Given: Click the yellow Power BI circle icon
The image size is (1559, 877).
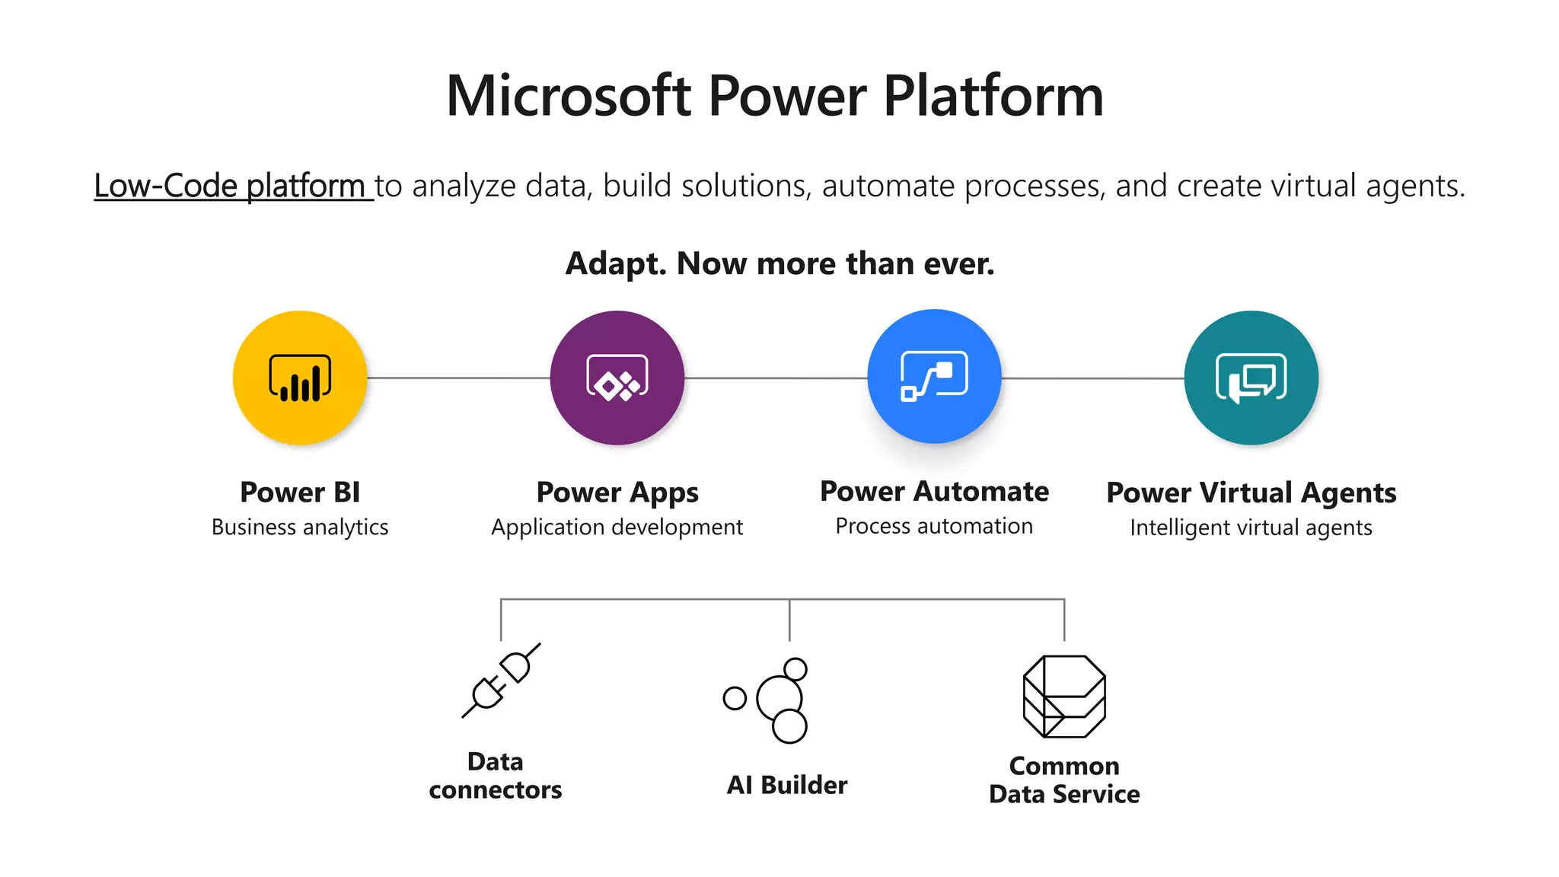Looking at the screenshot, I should point(300,378).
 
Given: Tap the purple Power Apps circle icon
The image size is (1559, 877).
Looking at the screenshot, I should point(617,378).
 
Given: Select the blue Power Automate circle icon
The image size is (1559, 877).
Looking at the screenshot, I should point(934,376).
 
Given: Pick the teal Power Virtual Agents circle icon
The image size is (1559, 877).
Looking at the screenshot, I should point(1251,378).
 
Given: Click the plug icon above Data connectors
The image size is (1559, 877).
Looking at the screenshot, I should point(501,680).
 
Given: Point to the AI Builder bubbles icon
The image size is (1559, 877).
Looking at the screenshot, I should point(769,699).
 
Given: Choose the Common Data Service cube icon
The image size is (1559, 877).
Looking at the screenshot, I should point(1064,696).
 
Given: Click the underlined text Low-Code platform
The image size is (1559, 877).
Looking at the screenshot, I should point(230,186).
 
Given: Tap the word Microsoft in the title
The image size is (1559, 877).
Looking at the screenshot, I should point(569,96).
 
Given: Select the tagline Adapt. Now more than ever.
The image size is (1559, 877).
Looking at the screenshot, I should point(779,263).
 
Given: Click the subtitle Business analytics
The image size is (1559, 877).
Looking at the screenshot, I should point(300,527).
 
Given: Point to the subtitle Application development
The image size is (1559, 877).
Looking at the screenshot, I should point(617,527).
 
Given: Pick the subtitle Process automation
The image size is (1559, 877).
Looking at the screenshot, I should point(934,526).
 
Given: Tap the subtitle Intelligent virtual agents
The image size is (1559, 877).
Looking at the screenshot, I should point(1251,528).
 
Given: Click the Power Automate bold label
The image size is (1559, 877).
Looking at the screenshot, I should point(934,492).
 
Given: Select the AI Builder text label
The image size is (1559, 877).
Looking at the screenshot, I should point(787,785).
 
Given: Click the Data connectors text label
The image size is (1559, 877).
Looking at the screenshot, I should point(496,776).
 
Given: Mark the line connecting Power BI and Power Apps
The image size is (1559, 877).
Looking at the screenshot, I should point(458,378).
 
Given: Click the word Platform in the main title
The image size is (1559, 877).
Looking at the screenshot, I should point(993,96).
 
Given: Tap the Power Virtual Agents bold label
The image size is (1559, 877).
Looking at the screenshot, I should point(1251,493).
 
